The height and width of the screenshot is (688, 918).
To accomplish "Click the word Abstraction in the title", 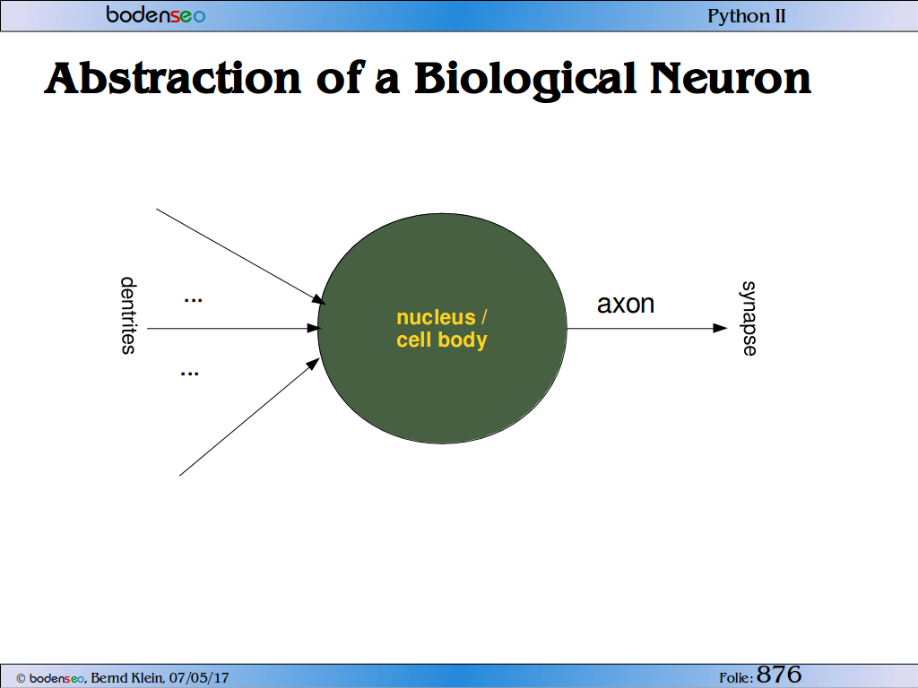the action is (173, 79).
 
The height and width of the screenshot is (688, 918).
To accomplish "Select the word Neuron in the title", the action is (731, 79).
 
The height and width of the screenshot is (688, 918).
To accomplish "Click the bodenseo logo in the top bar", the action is (156, 14).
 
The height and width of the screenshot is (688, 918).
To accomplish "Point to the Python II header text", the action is (747, 16).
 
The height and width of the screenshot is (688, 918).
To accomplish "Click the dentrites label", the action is (128, 315).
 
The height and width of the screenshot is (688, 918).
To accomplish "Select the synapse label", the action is (749, 318).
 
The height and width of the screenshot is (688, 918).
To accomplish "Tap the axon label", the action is (625, 305).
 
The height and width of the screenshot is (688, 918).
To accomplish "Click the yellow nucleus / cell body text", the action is (442, 329).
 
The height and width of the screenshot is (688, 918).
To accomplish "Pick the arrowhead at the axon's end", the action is (720, 328).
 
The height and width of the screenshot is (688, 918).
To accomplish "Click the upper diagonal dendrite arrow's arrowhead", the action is (318, 300).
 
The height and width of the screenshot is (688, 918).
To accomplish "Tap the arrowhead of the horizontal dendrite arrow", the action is (314, 328).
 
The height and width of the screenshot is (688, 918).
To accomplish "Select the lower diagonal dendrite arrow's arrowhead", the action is (314, 364).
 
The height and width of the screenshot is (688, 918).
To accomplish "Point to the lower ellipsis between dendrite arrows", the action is (190, 374).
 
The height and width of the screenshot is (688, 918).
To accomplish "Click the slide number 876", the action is (779, 675).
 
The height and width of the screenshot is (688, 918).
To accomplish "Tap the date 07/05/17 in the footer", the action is (199, 678).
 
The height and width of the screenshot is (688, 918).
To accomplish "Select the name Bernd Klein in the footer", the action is (126, 678).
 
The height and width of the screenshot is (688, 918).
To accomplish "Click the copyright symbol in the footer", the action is (22, 679).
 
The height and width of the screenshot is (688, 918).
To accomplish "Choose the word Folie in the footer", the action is (734, 678).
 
